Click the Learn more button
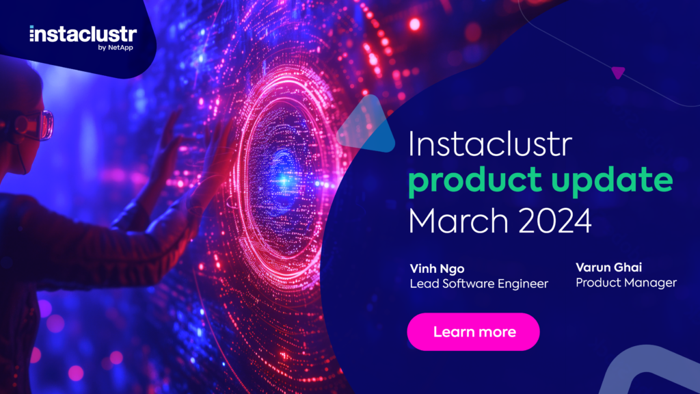click(473, 332)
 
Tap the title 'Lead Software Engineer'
click(478, 284)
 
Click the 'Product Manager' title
click(626, 283)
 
